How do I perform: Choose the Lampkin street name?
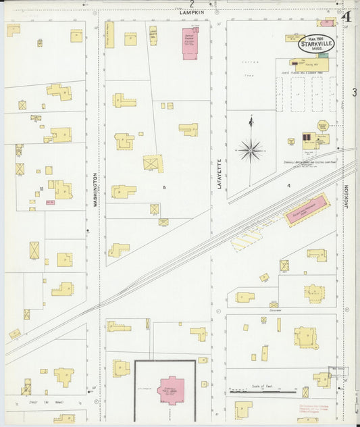click(192, 11)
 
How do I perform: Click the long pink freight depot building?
click(307, 210)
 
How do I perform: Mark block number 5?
click(163, 186)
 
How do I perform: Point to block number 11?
click(42, 189)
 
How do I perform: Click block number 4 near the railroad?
click(288, 184)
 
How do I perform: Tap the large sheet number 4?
click(346, 16)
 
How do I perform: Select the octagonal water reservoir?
click(323, 126)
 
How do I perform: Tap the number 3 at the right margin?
click(354, 92)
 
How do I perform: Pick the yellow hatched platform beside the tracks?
click(247, 239)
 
